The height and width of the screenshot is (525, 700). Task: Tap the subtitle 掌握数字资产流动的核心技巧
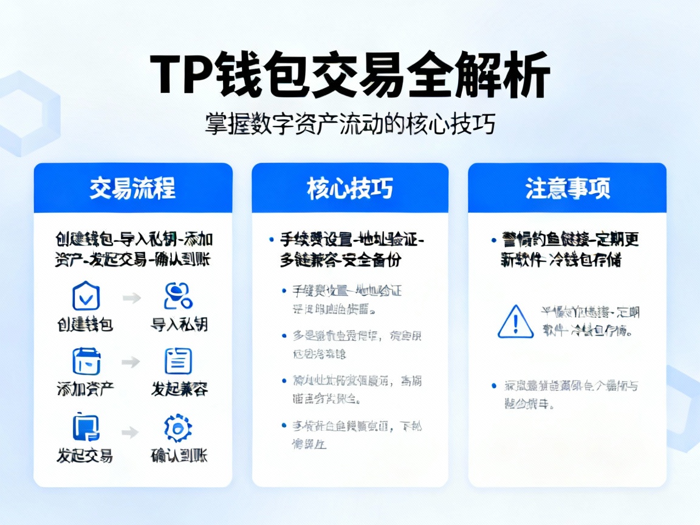(349, 123)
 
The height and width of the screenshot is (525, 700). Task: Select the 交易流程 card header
(132, 188)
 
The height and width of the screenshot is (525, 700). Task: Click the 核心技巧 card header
(349, 188)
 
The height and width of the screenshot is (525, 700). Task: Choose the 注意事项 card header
(566, 188)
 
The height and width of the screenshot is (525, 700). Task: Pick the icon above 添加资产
(86, 362)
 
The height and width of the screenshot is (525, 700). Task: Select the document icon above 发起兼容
(178, 362)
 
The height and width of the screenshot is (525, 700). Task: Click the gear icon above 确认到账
(178, 428)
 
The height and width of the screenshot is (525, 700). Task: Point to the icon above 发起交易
(86, 427)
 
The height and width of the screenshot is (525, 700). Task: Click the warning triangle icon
(515, 322)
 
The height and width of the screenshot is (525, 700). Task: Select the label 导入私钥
(179, 324)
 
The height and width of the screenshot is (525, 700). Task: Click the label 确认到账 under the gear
(179, 455)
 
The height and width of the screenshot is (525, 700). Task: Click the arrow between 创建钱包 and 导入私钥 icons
(131, 298)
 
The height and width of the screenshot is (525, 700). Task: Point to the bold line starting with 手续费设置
(352, 240)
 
